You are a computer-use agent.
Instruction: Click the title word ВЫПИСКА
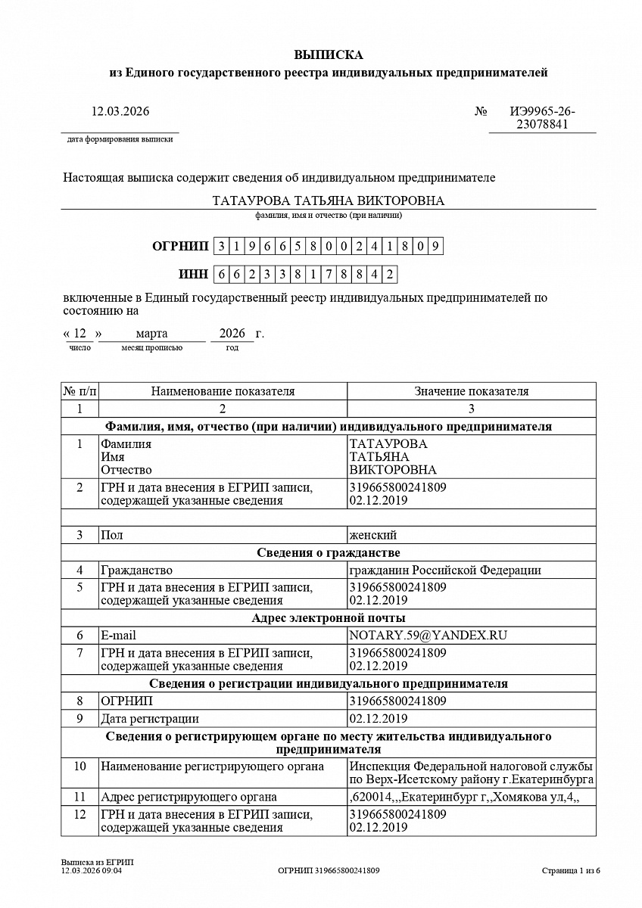[x=329, y=54]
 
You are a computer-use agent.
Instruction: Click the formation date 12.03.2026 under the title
[x=120, y=112]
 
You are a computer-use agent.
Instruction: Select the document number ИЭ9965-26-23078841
[x=542, y=118]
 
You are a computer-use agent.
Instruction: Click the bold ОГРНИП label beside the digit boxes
[x=180, y=246]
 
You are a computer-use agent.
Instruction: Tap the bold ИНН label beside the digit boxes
[x=193, y=274]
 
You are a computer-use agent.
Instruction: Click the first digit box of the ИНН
[x=221, y=275]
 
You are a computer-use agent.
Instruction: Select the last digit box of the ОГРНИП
[x=435, y=246]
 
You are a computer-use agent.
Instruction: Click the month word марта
[x=151, y=334]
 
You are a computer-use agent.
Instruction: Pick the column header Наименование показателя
[x=223, y=391]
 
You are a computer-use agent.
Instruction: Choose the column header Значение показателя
[x=471, y=391]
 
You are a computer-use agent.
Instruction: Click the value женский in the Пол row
[x=372, y=535]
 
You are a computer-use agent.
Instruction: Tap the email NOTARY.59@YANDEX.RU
[x=428, y=636]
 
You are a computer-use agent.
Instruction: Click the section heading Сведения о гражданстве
[x=328, y=552]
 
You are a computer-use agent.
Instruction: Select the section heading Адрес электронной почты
[x=328, y=618]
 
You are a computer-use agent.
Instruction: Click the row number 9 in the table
[x=79, y=719]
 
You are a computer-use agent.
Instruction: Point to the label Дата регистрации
[x=150, y=719]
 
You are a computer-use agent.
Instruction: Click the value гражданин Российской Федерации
[x=444, y=571]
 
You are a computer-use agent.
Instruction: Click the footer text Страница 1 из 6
[x=571, y=871]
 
